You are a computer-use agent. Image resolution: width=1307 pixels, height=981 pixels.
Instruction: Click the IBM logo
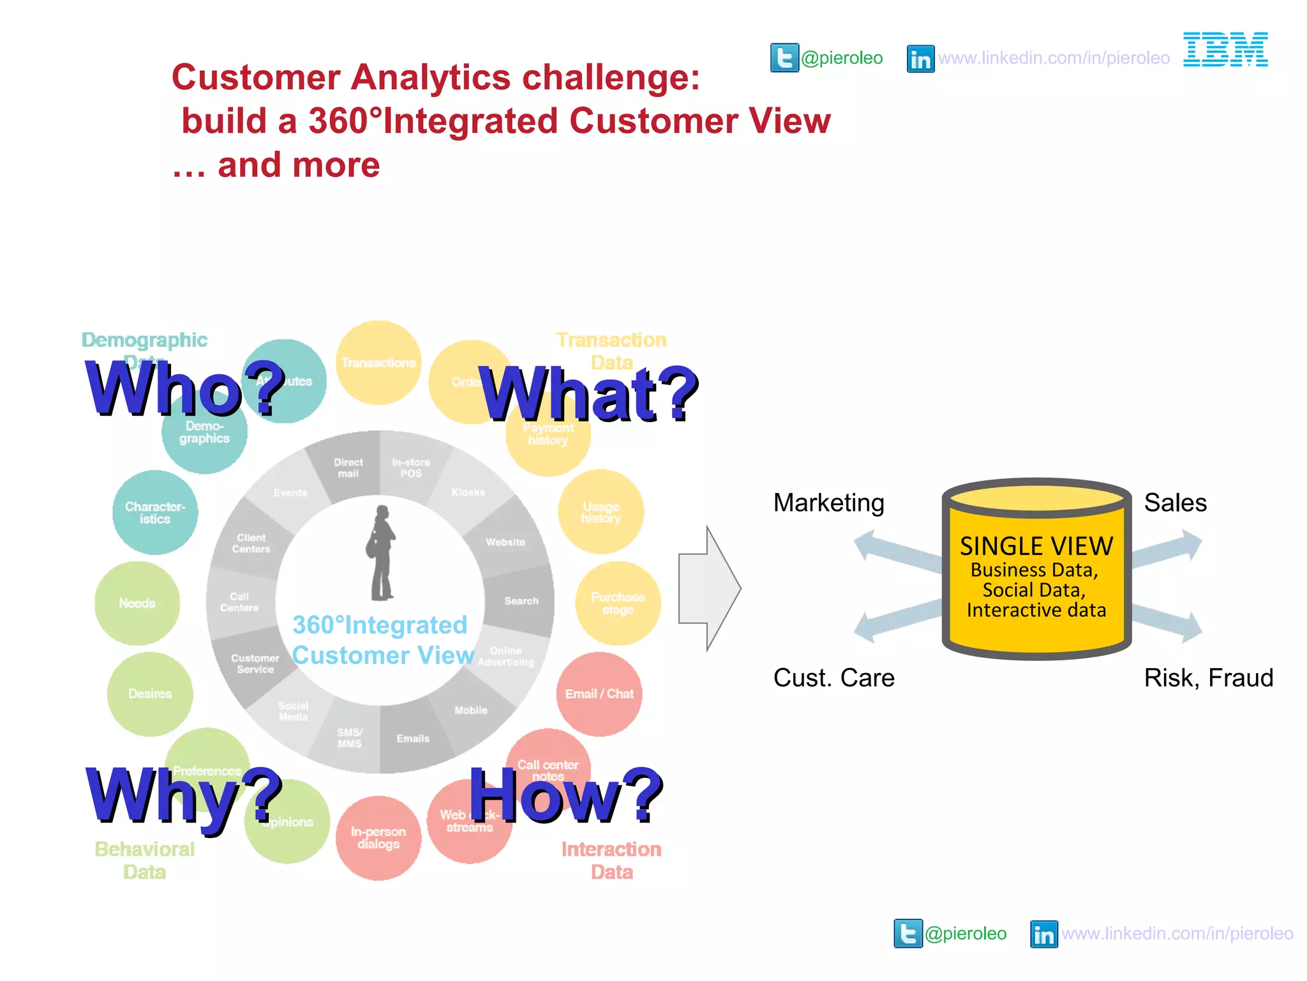(x=1225, y=50)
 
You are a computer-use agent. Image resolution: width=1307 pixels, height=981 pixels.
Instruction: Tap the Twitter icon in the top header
(x=784, y=58)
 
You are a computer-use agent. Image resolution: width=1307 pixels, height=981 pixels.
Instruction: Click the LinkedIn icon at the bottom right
(x=1043, y=934)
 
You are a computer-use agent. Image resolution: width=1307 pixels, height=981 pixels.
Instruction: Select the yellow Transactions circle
(x=378, y=363)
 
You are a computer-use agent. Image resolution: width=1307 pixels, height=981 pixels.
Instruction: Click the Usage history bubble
(x=601, y=512)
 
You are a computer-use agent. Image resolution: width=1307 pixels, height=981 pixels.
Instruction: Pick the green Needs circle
(x=137, y=603)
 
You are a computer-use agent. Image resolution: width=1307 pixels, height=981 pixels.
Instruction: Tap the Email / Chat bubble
(x=599, y=694)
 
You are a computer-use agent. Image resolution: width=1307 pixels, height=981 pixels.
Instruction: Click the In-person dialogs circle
(x=378, y=837)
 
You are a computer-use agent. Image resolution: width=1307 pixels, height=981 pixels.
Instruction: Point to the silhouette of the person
(x=382, y=553)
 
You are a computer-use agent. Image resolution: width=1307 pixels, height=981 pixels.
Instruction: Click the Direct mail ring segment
(x=348, y=468)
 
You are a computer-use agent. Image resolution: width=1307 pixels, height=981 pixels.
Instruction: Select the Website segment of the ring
(x=505, y=542)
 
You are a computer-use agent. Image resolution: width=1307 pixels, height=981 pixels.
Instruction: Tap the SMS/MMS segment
(x=349, y=738)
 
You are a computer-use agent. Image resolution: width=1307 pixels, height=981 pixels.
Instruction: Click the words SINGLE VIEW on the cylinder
(x=1036, y=547)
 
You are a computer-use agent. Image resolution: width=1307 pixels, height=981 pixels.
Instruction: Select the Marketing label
(x=828, y=503)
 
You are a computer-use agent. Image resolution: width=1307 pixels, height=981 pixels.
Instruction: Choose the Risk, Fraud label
(x=1208, y=678)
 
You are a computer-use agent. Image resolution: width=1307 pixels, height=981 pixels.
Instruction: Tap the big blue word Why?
(x=184, y=797)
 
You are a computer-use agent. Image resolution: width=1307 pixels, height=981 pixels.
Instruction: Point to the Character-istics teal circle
(x=155, y=512)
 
